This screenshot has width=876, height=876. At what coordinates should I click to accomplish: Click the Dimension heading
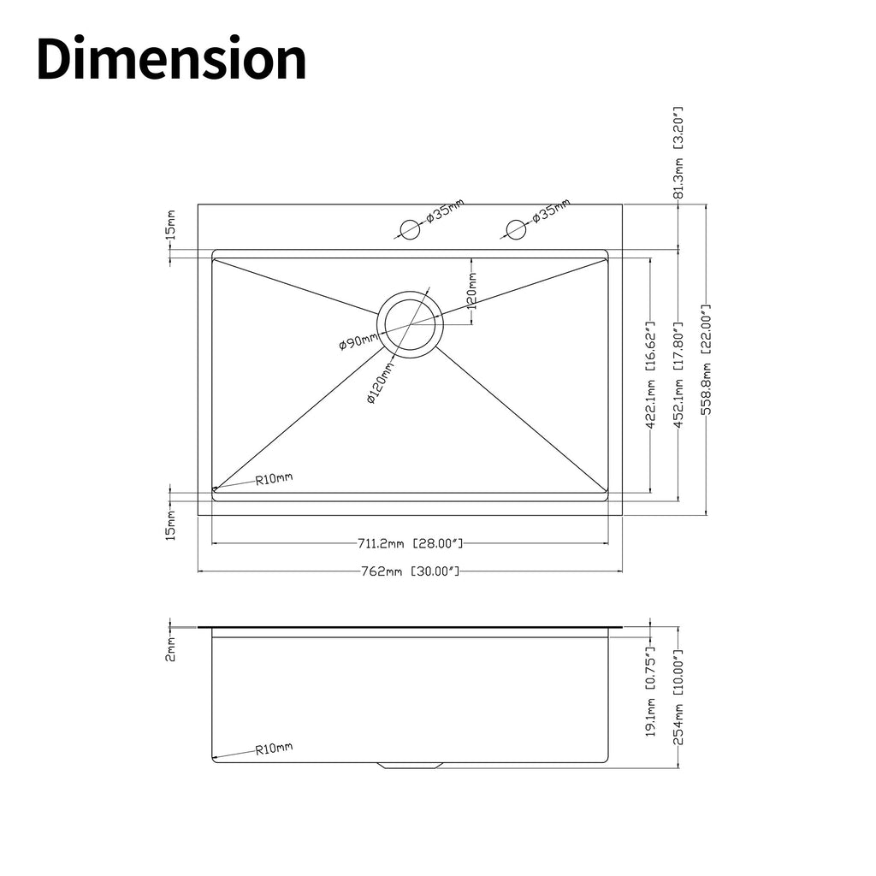click(x=171, y=59)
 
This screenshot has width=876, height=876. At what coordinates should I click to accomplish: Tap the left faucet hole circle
click(x=410, y=229)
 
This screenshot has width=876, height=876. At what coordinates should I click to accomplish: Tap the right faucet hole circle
click(x=516, y=229)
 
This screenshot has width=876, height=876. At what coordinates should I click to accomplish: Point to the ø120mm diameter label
click(x=381, y=382)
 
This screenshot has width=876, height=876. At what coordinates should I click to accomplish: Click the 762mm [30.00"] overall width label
click(x=410, y=571)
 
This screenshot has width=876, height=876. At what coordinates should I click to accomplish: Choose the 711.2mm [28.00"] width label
click(x=410, y=542)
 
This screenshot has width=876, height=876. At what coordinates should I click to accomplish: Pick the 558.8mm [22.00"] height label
click(x=706, y=360)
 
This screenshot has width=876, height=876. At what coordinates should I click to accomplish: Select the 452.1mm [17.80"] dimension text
click(x=678, y=375)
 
